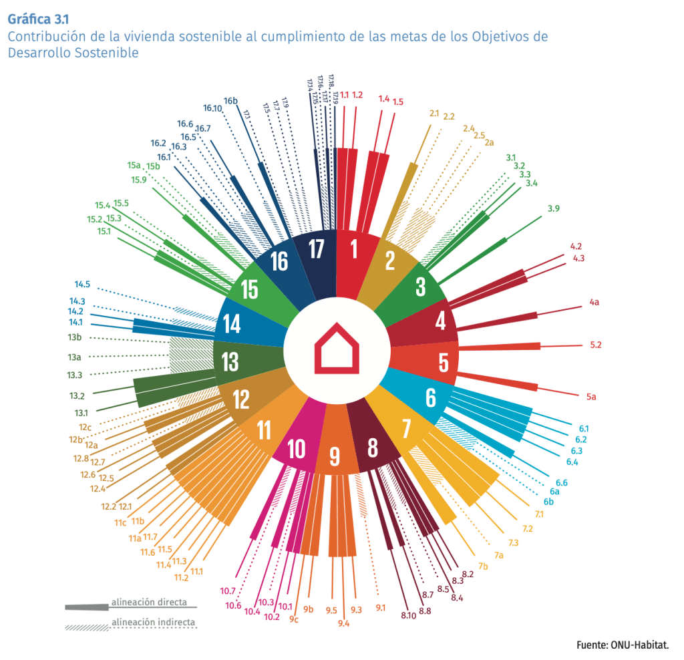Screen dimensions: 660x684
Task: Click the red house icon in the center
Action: (337, 349)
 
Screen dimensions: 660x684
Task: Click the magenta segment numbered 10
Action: (296, 450)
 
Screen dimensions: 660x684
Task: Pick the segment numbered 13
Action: (230, 362)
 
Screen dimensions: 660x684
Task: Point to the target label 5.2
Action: (596, 345)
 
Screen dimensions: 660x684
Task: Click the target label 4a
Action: (594, 303)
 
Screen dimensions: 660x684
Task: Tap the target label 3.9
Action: (553, 208)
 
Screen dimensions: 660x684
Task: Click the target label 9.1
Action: (381, 607)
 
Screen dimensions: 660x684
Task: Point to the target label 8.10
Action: (408, 615)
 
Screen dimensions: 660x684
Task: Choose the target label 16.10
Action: (212, 108)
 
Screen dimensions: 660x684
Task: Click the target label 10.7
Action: (228, 591)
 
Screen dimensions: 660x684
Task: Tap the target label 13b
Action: (75, 337)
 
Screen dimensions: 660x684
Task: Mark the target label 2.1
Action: (434, 113)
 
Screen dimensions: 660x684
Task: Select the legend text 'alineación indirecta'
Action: (153, 623)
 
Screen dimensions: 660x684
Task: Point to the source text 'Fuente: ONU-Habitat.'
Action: (622, 645)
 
